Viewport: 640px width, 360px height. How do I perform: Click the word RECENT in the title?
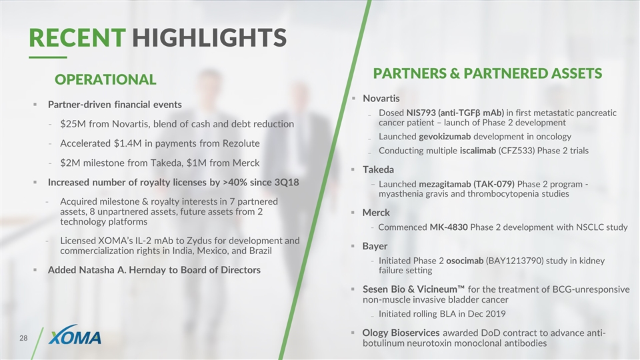point(77,37)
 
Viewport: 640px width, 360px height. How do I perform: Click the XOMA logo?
point(75,335)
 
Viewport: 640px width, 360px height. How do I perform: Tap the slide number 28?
point(23,338)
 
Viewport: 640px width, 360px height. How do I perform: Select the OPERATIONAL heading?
point(105,79)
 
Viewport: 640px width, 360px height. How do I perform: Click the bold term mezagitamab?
point(445,185)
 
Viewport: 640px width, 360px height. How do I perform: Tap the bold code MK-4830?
point(449,227)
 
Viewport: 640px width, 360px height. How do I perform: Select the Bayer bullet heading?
point(375,247)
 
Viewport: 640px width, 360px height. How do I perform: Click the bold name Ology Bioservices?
point(401,333)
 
